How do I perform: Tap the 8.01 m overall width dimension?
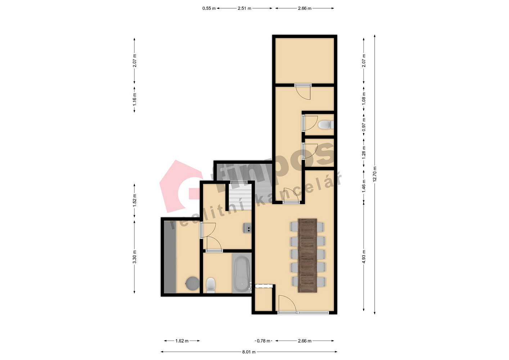(x=249, y=352)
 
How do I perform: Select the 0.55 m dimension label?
(x=209, y=8)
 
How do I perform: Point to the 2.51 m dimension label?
(x=244, y=8)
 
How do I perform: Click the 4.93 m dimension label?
(x=364, y=257)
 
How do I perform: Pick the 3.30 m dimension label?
(x=135, y=257)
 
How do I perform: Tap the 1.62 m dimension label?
(x=182, y=341)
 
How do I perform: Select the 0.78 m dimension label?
(x=263, y=341)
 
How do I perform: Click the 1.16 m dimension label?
(x=135, y=99)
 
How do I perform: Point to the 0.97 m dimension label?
(x=364, y=124)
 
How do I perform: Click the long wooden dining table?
(x=307, y=256)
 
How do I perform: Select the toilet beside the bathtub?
(x=211, y=285)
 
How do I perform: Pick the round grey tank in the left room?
(x=192, y=283)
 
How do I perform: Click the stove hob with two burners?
(x=247, y=228)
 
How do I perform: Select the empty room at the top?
(x=305, y=61)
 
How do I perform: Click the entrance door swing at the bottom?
(x=287, y=303)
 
